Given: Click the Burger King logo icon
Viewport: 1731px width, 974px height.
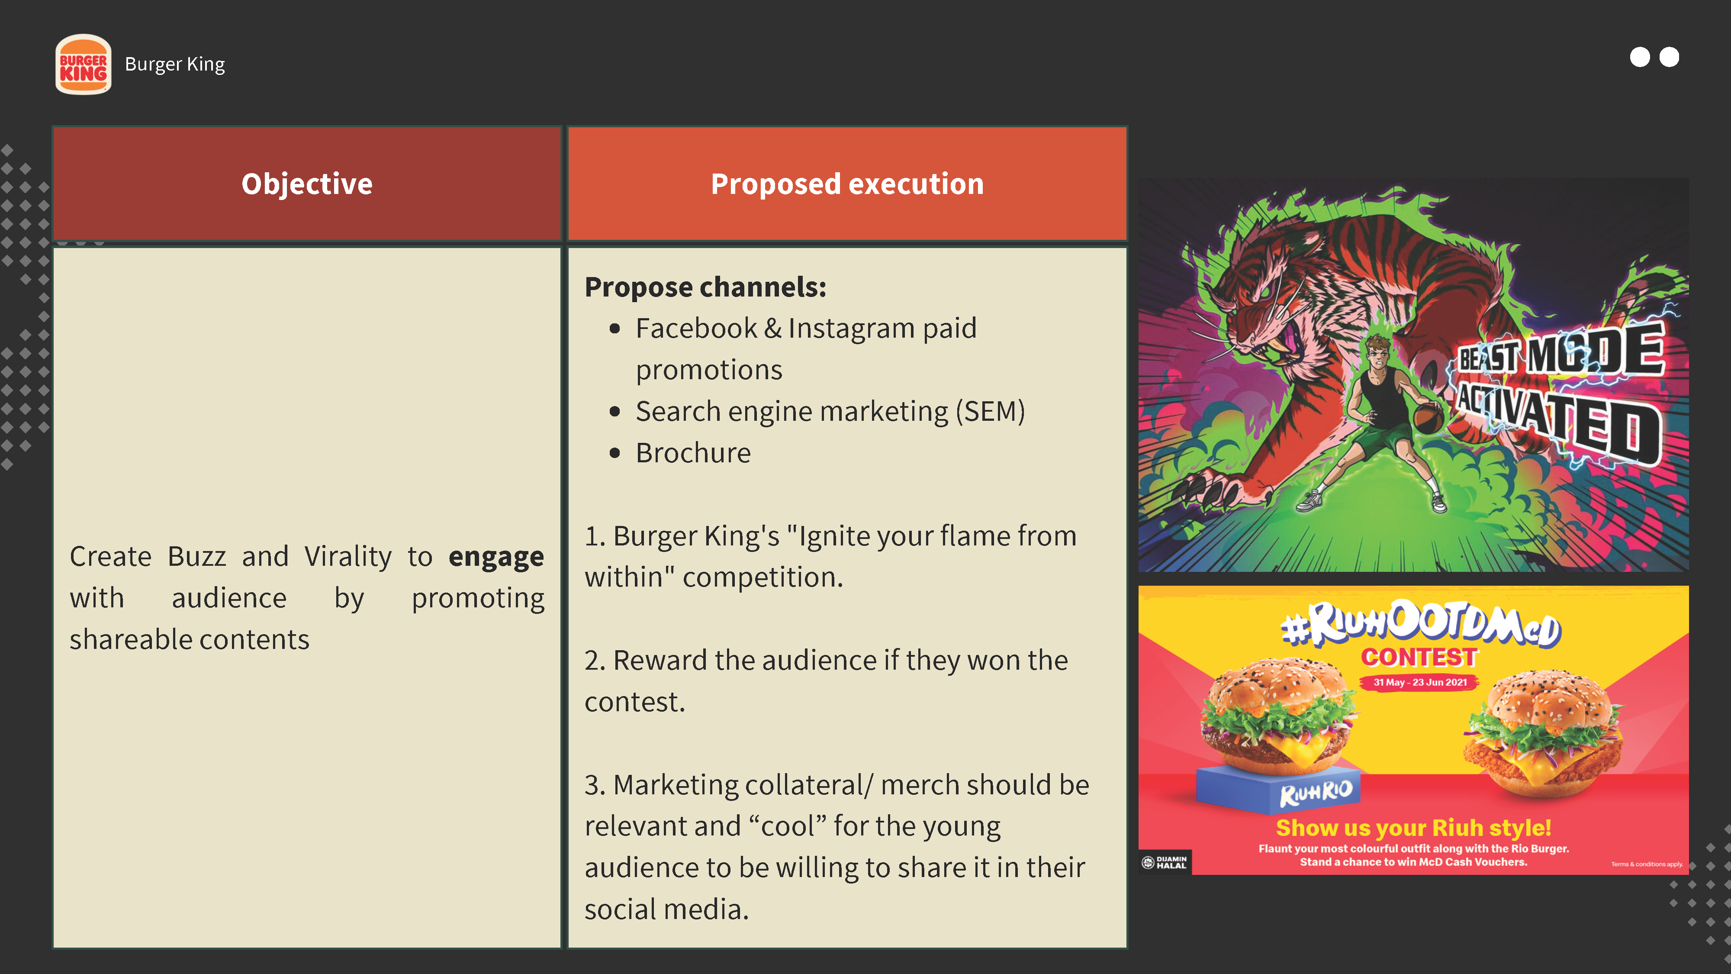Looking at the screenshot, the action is [x=84, y=65].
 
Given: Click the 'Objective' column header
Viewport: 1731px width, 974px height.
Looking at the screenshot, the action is [x=307, y=184].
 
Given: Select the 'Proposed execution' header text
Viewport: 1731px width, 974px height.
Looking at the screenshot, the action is [x=847, y=184].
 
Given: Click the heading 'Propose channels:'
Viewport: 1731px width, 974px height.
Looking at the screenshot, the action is [x=705, y=287].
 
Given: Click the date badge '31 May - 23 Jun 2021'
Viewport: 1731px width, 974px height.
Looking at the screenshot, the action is [x=1420, y=682].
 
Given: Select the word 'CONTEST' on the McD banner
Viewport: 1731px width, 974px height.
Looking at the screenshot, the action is [x=1419, y=657].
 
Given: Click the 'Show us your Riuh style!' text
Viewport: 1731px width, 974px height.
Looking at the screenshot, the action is [x=1413, y=827].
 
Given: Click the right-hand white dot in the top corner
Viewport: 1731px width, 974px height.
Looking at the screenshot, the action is [x=1669, y=57].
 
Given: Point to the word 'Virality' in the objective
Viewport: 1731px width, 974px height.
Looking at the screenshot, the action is [x=348, y=557].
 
